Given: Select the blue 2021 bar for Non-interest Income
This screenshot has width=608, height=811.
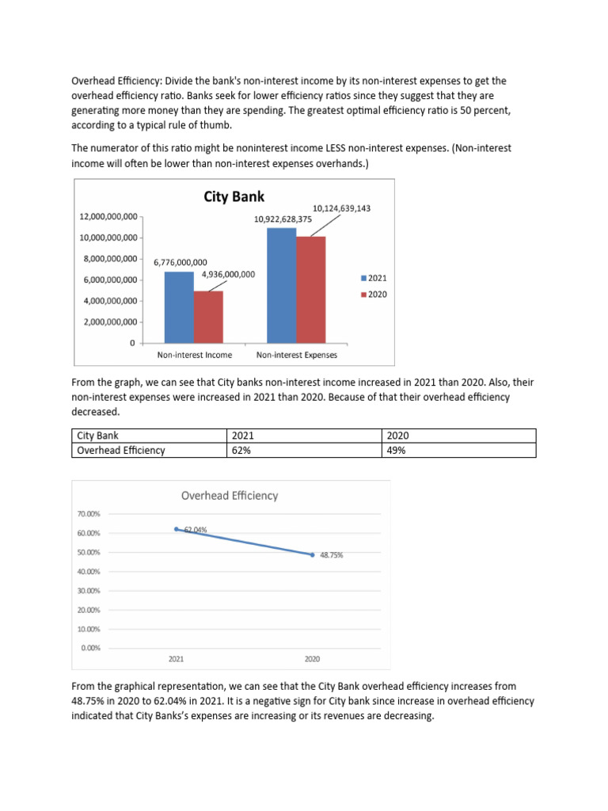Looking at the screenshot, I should click(x=178, y=307).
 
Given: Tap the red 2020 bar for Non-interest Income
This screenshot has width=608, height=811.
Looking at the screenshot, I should click(x=208, y=317).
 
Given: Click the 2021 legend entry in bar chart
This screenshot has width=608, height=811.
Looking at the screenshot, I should click(x=374, y=278).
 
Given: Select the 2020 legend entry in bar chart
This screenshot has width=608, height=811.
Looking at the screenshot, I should click(x=374, y=295).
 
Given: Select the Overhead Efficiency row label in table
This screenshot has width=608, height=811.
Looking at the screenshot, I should click(x=120, y=450).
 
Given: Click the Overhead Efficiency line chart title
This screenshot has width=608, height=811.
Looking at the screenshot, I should click(x=230, y=496).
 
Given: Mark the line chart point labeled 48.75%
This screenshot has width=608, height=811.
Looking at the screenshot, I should click(x=313, y=554).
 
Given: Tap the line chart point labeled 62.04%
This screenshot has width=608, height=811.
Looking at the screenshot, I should click(x=177, y=528).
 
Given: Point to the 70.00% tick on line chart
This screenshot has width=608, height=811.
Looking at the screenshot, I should click(x=88, y=513).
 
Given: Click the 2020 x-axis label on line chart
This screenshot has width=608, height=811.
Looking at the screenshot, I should click(x=312, y=658).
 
